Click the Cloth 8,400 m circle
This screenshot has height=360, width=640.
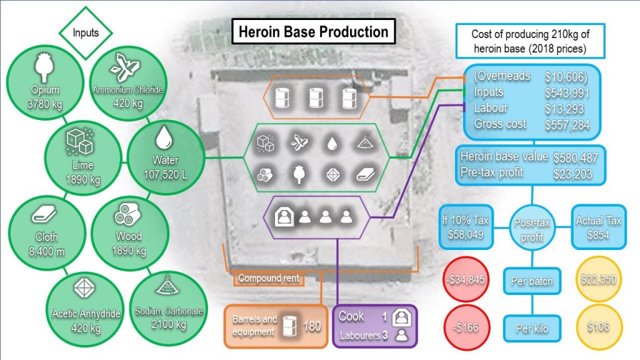point(44,231)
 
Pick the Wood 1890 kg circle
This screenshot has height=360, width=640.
point(129,231)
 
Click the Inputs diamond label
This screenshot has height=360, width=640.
point(86,32)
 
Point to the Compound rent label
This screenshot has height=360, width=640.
point(269,278)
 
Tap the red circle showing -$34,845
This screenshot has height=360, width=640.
point(467,279)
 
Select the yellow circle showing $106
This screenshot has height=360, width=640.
point(598,326)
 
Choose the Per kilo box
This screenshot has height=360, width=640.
point(532,327)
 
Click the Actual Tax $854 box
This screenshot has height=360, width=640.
point(598,227)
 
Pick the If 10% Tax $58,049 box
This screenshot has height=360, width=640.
point(467,227)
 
